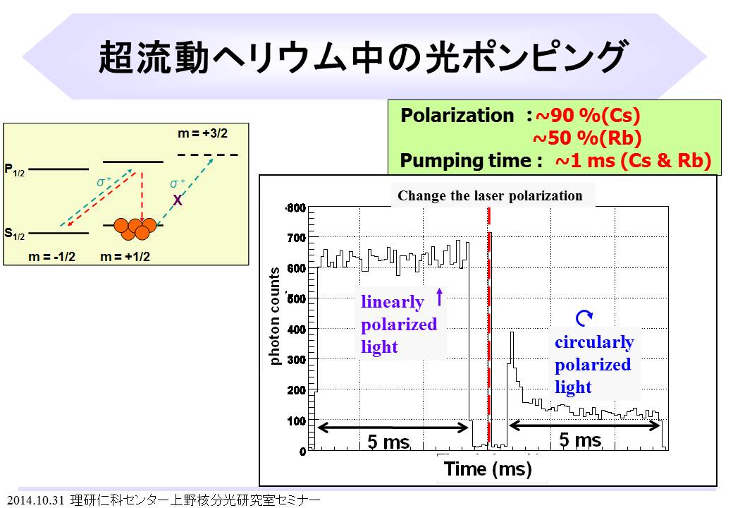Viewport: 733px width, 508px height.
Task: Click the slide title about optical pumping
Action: tap(362, 57)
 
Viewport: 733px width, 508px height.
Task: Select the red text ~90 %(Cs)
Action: tap(588, 116)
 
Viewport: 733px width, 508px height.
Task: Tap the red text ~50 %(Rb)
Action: tap(587, 138)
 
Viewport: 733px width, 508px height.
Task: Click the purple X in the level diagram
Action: tap(178, 200)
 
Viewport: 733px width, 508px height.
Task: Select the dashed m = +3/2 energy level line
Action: tap(207, 155)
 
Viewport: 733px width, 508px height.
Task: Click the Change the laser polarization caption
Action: tap(490, 196)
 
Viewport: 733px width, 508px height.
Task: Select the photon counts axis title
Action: tap(276, 315)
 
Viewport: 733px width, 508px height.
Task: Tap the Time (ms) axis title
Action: tap(488, 468)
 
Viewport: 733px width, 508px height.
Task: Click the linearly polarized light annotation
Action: tap(398, 325)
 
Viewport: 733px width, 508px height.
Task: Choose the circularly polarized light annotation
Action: tap(593, 365)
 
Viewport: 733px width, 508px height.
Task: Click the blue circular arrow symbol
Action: tap(584, 320)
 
